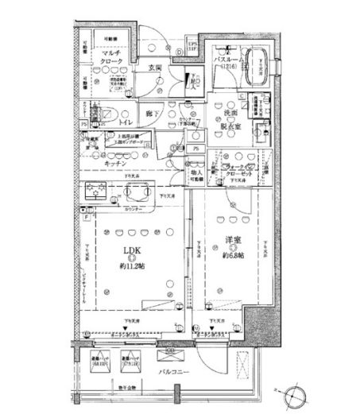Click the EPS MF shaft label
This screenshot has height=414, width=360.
[x=192, y=46]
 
